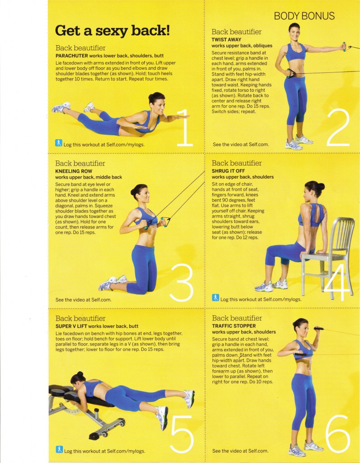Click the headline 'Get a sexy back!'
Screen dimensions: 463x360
[112, 31]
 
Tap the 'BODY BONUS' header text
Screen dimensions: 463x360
[304, 16]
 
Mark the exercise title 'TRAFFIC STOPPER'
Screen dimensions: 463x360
[234, 326]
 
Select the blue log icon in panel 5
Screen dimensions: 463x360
[59, 449]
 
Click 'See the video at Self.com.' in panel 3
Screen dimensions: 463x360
[83, 299]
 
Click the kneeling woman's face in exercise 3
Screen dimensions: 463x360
[144, 195]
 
